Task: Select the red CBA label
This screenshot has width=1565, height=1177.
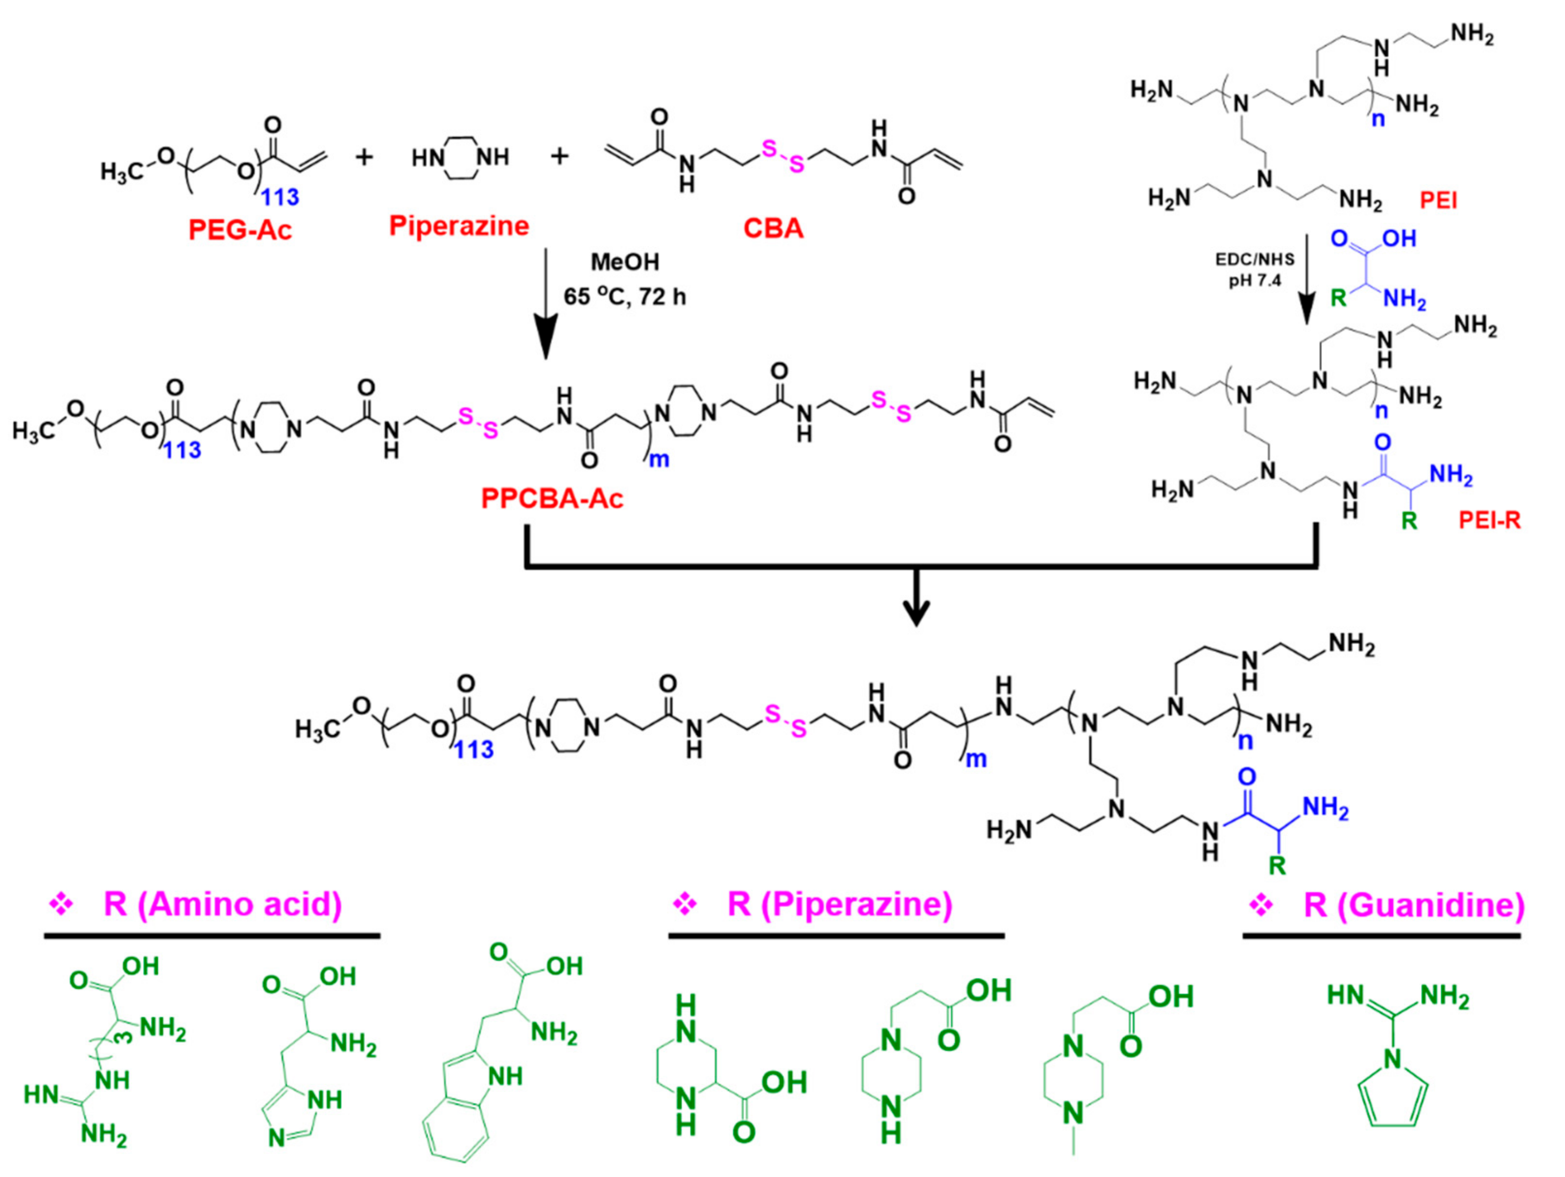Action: (x=773, y=228)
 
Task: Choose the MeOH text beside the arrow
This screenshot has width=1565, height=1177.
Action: (x=625, y=262)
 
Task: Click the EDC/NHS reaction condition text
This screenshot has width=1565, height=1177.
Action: (x=1254, y=260)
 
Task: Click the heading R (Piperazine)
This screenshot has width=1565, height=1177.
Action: (x=839, y=904)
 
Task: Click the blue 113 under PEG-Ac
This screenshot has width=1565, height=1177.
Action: (x=280, y=197)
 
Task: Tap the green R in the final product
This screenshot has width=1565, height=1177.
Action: (x=1277, y=864)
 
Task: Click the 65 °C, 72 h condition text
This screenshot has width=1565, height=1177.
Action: (x=625, y=296)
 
